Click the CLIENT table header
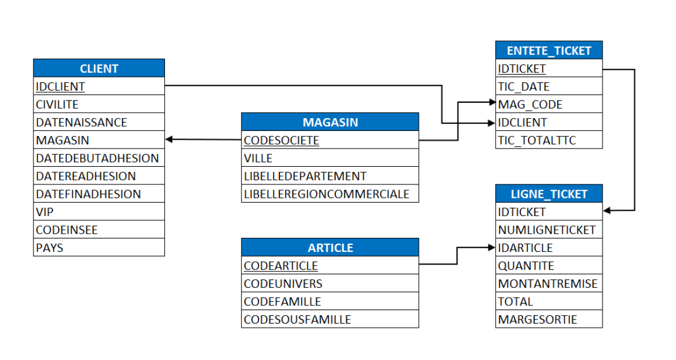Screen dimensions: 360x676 tap(99, 68)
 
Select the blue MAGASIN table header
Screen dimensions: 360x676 tap(330, 122)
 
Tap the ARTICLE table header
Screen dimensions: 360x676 tap(330, 247)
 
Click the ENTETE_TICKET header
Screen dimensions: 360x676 tap(549, 51)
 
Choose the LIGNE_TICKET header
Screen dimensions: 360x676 tap(549, 194)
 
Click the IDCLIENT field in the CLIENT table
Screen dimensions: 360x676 tap(60, 87)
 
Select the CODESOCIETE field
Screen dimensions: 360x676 tap(281, 140)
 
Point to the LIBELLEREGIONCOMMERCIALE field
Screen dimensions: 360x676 tap(327, 194)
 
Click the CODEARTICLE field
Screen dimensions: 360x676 tap(281, 265)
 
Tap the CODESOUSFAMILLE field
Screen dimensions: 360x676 tap(297, 319)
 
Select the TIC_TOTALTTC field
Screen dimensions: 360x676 tap(537, 140)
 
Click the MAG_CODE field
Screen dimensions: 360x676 tap(530, 105)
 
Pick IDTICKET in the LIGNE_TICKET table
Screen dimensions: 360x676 tap(522, 212)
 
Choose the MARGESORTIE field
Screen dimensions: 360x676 tap(537, 319)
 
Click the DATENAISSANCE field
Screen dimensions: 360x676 tap(81, 123)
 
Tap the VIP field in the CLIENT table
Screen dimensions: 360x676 tap(45, 212)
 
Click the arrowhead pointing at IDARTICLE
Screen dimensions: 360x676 tap(492, 248)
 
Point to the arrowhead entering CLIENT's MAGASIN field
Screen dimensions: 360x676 tap(170, 140)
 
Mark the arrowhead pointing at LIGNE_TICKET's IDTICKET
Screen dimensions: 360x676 tap(607, 210)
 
